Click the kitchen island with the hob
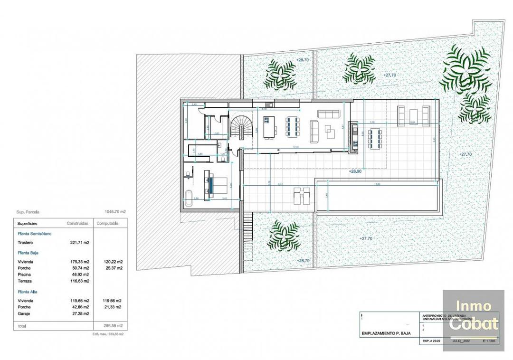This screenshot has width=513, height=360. [x=270, y=128]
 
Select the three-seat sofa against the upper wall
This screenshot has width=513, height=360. [x=329, y=114]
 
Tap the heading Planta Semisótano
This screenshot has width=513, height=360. [x=35, y=234]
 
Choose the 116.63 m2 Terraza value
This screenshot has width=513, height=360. [x=80, y=281]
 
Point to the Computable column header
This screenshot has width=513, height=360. [x=108, y=223]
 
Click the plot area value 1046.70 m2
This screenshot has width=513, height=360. [x=115, y=213]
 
